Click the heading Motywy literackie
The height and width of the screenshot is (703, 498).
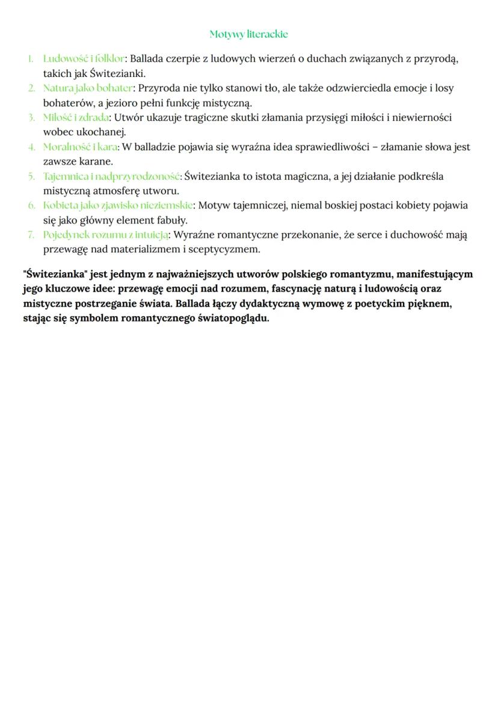pos(248,34)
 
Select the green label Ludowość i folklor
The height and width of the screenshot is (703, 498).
pos(84,59)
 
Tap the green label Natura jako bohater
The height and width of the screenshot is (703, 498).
pos(88,88)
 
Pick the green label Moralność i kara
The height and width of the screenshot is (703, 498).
pos(81,147)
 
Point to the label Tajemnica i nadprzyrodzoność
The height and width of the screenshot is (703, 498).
pos(111,176)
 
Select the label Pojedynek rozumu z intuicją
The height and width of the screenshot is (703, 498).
pos(105,234)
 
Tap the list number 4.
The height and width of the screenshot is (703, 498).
pos(31,147)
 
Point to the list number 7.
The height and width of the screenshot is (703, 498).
pos(31,234)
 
